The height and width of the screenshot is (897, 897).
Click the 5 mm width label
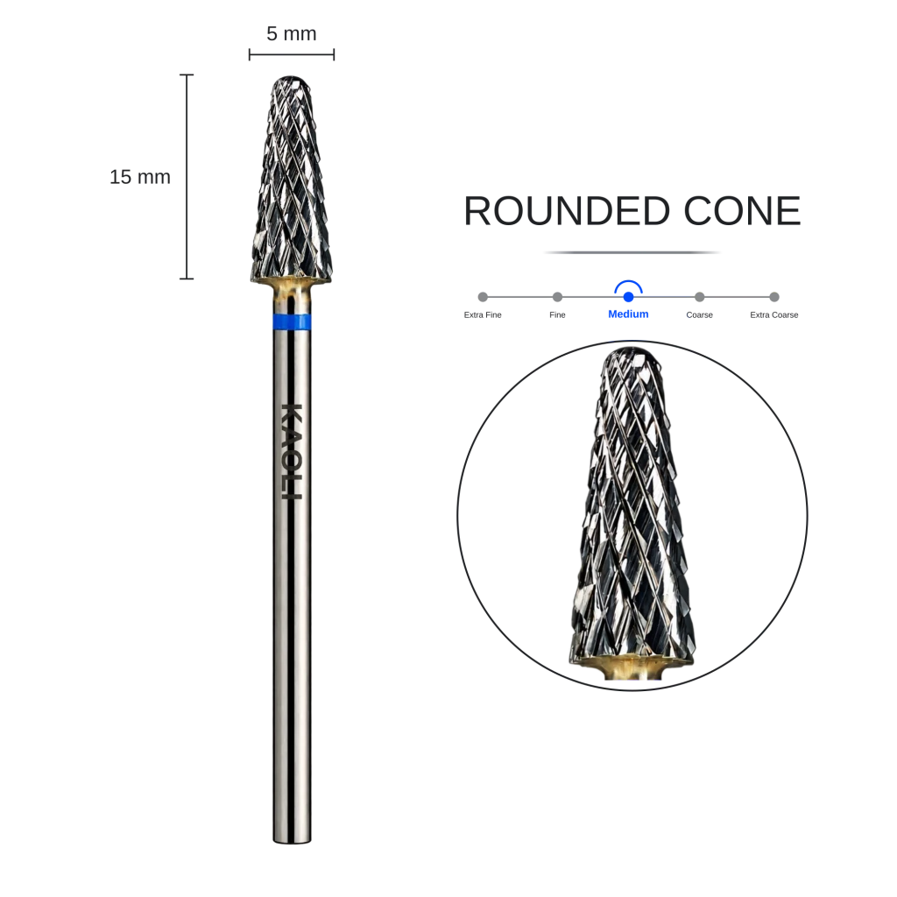(x=291, y=34)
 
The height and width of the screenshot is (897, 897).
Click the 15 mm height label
(x=140, y=177)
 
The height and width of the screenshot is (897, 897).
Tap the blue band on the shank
(x=292, y=322)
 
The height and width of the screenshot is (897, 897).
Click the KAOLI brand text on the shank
(x=292, y=451)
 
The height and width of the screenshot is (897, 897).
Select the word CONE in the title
(x=742, y=211)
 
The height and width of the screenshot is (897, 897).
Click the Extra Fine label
(x=483, y=314)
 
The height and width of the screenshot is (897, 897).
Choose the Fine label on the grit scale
(x=557, y=314)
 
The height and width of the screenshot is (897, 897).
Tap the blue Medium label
(x=628, y=314)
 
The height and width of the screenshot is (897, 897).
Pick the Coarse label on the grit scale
(x=700, y=314)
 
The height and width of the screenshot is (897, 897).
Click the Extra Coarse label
(x=774, y=314)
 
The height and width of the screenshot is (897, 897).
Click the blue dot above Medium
(x=628, y=297)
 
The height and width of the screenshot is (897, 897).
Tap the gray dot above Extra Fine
(x=483, y=297)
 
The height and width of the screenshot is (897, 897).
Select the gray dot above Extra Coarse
(x=774, y=297)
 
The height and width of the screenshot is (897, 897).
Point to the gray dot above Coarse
(x=700, y=297)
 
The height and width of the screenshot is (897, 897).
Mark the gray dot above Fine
(x=557, y=297)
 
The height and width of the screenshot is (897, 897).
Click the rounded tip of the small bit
(x=292, y=78)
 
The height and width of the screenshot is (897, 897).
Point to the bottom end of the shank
(x=292, y=841)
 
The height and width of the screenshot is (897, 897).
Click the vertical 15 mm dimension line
(x=187, y=177)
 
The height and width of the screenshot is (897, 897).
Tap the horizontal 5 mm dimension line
(x=291, y=55)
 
